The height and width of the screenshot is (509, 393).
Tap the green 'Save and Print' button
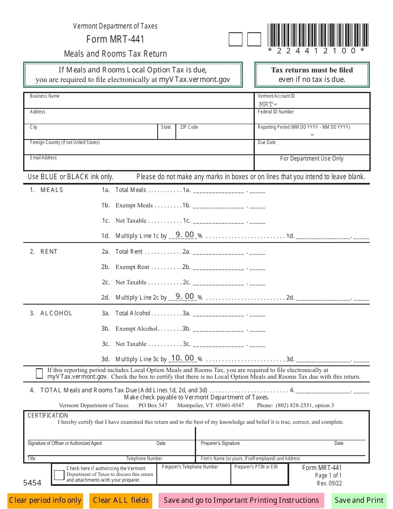click(359, 500)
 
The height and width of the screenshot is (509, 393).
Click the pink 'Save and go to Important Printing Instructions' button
click(241, 500)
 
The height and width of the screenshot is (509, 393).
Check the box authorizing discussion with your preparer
click(59, 475)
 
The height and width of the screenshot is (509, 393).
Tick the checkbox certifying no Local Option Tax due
click(39, 374)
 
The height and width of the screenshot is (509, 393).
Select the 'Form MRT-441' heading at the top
click(115, 40)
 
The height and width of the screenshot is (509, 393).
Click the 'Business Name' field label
click(45, 96)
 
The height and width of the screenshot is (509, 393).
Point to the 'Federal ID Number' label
click(276, 112)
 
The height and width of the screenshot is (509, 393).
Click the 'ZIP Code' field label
click(189, 127)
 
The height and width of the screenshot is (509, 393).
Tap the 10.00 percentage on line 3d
click(182, 358)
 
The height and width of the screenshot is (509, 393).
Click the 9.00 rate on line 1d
click(185, 235)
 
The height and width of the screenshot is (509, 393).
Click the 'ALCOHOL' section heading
click(56, 313)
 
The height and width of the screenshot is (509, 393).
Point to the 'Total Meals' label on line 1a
click(131, 190)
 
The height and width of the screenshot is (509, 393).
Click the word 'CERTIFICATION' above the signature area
click(48, 415)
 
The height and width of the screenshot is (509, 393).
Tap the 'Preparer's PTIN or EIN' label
click(256, 467)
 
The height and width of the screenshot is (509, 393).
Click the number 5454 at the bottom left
click(32, 483)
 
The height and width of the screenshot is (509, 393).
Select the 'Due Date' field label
click(267, 142)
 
